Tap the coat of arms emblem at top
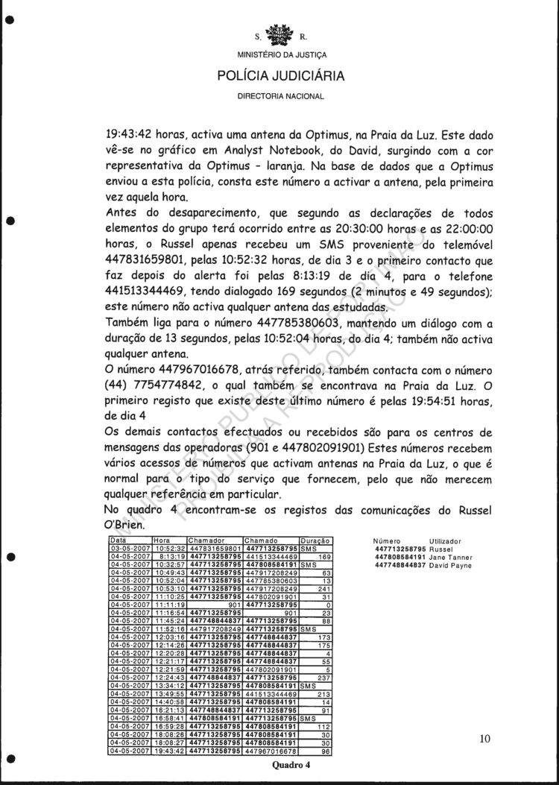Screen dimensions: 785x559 [x=281, y=33]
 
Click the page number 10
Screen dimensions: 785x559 [x=485, y=739]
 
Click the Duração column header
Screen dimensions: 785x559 [x=315, y=540]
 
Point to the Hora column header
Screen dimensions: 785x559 [x=163, y=540]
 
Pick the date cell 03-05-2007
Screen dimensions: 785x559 [x=130, y=548]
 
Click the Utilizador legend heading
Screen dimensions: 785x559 [x=446, y=540]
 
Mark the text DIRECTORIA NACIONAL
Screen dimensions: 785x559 [x=281, y=97]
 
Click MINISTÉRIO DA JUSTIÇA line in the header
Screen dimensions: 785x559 [x=281, y=55]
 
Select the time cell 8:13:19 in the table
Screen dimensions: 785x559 [x=170, y=556]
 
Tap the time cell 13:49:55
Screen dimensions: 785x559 [x=169, y=693]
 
